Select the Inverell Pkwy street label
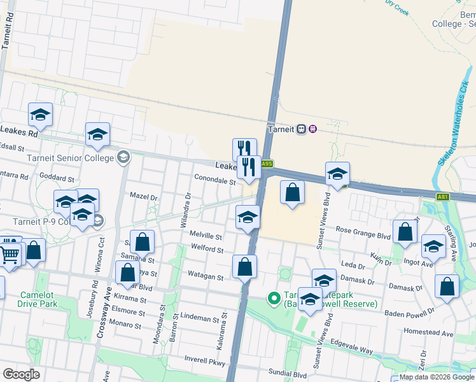coord(205,361)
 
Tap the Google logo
coord(21,374)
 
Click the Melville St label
coord(206,236)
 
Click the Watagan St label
coord(205,277)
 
